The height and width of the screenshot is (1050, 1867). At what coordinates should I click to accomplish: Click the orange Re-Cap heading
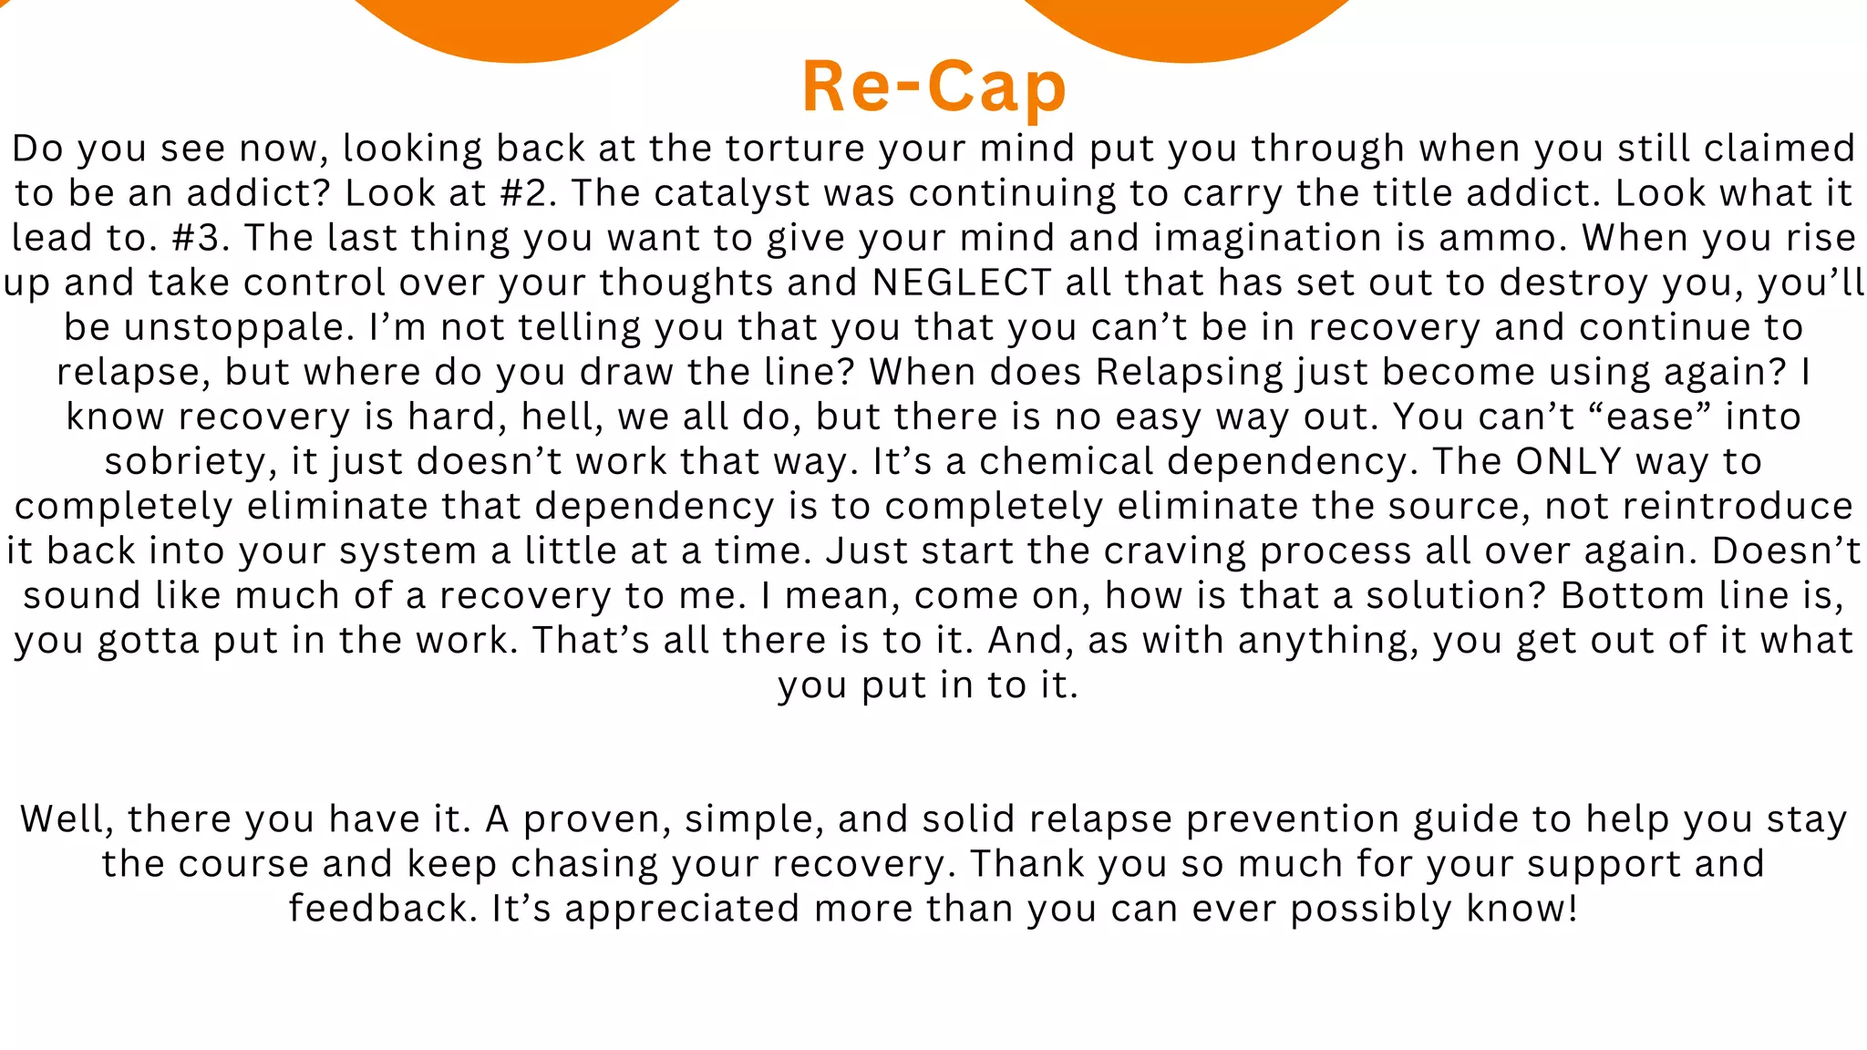click(933, 87)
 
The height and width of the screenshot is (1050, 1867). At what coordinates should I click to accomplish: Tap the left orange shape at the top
click(516, 27)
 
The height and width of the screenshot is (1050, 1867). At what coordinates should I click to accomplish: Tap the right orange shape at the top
click(1185, 27)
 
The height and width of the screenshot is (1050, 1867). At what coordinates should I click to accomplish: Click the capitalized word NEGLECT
click(962, 283)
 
